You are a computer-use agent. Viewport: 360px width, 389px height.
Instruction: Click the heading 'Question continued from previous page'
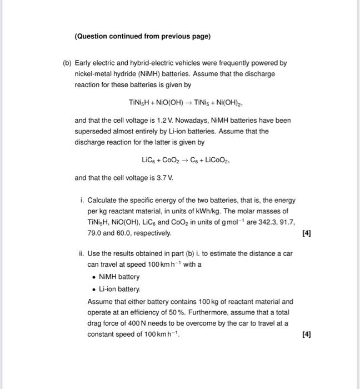[x=143, y=36]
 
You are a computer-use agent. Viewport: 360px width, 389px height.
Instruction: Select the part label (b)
[x=67, y=63]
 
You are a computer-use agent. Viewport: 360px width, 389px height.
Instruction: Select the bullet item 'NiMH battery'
[x=119, y=277]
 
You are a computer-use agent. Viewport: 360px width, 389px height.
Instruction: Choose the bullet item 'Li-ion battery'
[x=119, y=290]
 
